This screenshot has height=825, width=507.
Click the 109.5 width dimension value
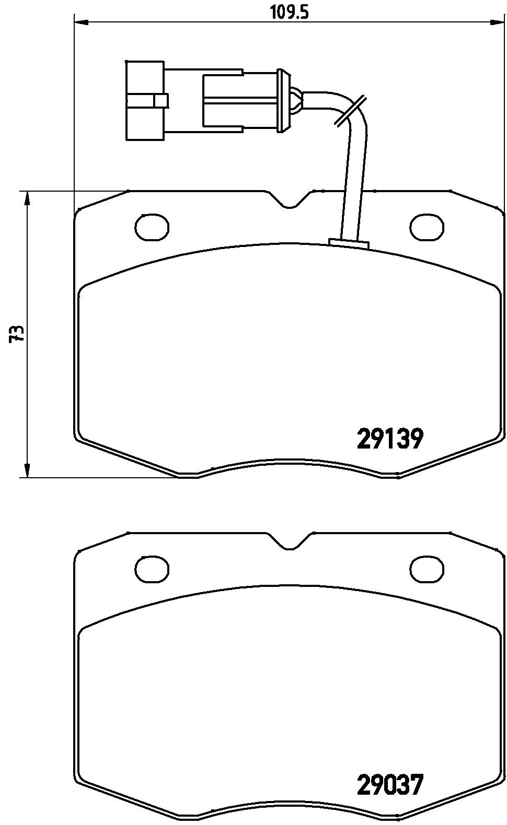[290, 12]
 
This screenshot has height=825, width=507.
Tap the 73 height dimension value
[17, 334]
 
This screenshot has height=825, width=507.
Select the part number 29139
[390, 439]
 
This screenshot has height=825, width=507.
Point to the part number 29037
[390, 784]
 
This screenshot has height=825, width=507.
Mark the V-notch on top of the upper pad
[290, 199]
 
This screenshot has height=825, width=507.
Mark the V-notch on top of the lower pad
[290, 541]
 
